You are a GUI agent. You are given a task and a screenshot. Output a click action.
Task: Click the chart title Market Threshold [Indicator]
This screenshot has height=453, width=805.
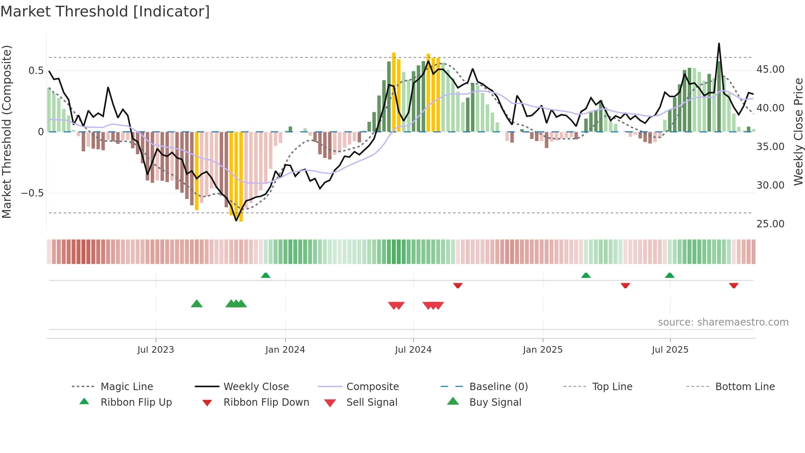(x=105, y=12)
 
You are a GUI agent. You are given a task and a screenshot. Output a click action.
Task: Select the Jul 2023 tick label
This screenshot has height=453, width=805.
(x=156, y=350)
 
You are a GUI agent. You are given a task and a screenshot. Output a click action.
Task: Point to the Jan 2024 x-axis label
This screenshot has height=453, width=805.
(x=285, y=350)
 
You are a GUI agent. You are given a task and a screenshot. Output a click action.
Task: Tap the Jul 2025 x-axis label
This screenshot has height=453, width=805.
(x=670, y=350)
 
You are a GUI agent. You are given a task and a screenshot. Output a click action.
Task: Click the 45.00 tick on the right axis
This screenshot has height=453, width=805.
(x=770, y=69)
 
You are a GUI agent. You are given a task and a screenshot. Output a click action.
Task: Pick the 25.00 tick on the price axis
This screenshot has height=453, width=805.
(x=770, y=224)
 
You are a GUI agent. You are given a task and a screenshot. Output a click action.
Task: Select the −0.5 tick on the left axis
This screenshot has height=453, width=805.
(x=32, y=193)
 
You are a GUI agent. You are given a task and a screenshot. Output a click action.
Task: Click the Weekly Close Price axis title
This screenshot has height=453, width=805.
(x=798, y=132)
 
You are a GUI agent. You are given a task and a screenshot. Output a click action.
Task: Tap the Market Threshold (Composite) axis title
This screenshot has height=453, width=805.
(x=7, y=132)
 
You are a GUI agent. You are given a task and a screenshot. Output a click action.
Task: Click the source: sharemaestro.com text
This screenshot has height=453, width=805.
(x=723, y=322)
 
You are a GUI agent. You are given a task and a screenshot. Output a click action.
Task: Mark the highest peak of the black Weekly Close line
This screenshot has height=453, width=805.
(x=719, y=44)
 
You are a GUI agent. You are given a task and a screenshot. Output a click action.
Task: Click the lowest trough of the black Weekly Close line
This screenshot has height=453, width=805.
(x=236, y=221)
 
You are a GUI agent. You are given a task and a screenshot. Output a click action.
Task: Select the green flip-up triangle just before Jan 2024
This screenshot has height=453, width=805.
(x=266, y=275)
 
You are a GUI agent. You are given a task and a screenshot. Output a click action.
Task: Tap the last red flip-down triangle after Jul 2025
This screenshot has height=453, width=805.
(x=734, y=286)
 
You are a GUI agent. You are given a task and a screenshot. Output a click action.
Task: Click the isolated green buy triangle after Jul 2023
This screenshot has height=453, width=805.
(x=197, y=304)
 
